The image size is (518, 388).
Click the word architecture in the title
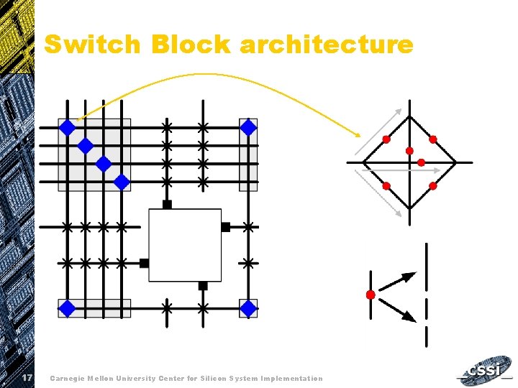327,45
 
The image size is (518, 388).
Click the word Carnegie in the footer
69,378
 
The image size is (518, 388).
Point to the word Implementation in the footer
292,378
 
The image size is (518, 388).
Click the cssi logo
486,372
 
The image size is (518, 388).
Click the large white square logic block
185,245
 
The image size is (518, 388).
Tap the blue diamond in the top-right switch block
248,128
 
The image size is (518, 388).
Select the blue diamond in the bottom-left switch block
67,309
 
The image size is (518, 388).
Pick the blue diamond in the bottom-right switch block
248,309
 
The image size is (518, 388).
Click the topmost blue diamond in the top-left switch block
67,128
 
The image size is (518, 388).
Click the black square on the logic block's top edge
167,205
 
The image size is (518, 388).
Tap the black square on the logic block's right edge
225,227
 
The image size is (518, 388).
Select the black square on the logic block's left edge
144,263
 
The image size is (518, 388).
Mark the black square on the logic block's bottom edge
203,285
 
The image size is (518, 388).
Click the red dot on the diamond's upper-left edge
386,139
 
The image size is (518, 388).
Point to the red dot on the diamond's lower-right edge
433,186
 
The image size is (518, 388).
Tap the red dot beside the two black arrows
371,295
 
